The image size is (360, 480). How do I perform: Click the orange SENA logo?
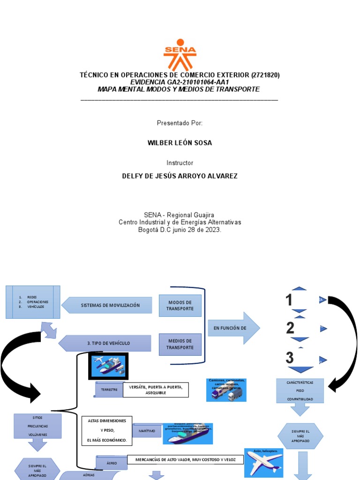pyautogui.click(x=180, y=54)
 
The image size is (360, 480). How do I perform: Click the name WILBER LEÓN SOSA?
pyautogui.click(x=180, y=143)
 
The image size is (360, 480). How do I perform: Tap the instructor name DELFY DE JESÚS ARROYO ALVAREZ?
pyautogui.click(x=180, y=176)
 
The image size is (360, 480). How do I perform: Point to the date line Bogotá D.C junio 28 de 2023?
pyautogui.click(x=180, y=230)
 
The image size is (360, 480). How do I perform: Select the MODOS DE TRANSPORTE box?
pyautogui.click(x=180, y=306)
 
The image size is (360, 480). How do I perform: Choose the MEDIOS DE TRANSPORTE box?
pyautogui.click(x=180, y=344)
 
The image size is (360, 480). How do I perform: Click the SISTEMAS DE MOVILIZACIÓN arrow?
pyautogui.click(x=108, y=305)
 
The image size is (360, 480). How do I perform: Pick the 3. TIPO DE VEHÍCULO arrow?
pyautogui.click(x=105, y=343)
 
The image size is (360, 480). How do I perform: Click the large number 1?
pyautogui.click(x=289, y=300)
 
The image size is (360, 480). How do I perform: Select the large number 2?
pyautogui.click(x=290, y=328)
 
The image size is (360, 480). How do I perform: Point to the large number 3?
pyautogui.click(x=290, y=358)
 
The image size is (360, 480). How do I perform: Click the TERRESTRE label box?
pyautogui.click(x=109, y=390)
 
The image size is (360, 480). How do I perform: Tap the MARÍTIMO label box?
pyautogui.click(x=147, y=430)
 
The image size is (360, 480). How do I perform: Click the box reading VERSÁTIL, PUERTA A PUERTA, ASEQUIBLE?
pyautogui.click(x=156, y=390)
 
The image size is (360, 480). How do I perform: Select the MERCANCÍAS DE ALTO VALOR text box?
pyautogui.click(x=185, y=459)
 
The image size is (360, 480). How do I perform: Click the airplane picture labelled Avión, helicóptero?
pyautogui.click(x=263, y=463)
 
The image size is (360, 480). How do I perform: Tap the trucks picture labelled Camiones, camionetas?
pyautogui.click(x=226, y=390)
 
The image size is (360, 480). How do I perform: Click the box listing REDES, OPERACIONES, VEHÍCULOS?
pyautogui.click(x=33, y=302)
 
